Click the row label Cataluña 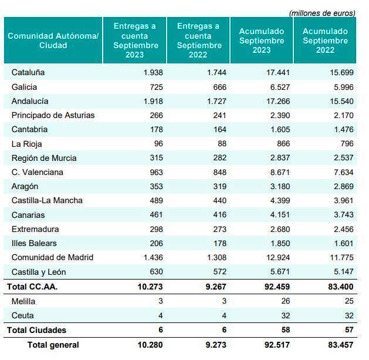click(x=28, y=72)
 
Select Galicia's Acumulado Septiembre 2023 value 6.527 click(x=280, y=87)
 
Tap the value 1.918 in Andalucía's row click(x=153, y=102)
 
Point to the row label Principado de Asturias click(x=53, y=116)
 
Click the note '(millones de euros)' click(x=322, y=13)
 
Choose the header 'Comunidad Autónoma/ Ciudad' click(x=53, y=41)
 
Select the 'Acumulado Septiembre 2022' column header click(x=325, y=41)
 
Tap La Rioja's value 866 click(x=283, y=144)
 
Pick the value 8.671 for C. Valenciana click(x=280, y=172)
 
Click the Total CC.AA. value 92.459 click(x=277, y=287)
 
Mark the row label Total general click(x=53, y=345)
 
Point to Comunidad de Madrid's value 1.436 click(x=153, y=257)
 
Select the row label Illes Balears click(x=34, y=243)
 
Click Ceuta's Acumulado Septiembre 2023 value click(x=286, y=315)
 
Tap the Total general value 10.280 click(x=150, y=345)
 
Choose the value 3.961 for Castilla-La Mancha click(x=344, y=200)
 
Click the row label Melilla click(x=23, y=301)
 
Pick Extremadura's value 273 click(x=220, y=229)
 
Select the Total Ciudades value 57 click(x=349, y=330)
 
